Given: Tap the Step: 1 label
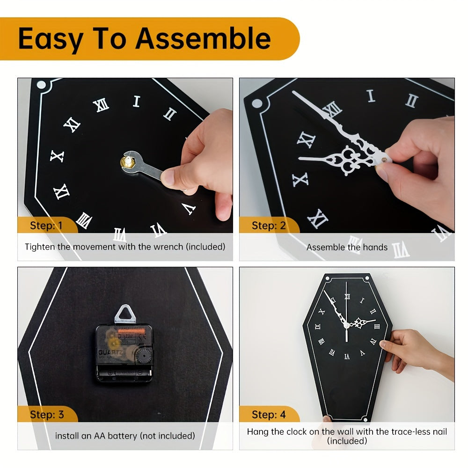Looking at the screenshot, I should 46,226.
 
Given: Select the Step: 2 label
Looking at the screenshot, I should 268,226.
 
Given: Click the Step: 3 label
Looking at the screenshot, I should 46,415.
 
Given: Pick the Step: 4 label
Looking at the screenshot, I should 268,415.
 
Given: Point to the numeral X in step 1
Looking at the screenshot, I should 57,156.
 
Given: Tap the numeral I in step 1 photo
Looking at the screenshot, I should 137,101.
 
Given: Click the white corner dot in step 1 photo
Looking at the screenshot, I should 41,85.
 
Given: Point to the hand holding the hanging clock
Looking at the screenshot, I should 412,349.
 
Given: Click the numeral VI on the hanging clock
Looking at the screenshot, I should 347,356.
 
